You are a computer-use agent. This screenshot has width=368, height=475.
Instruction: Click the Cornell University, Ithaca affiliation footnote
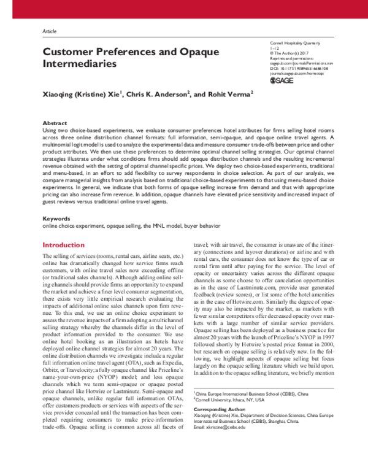[231, 399]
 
